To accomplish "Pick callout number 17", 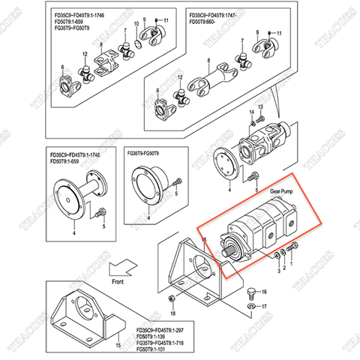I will [x=264, y=306].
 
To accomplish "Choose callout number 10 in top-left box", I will [x=136, y=23].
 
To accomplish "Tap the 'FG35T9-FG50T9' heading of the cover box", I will [x=148, y=153].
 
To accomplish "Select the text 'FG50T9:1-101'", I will [x=154, y=349].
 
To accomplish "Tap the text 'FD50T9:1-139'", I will [x=154, y=335].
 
